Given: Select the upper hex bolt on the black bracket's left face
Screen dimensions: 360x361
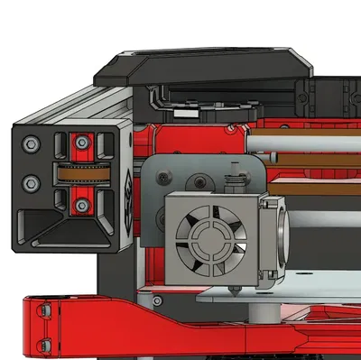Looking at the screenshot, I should (31, 143).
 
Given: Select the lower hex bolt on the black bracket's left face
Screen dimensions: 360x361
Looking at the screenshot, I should (31, 183).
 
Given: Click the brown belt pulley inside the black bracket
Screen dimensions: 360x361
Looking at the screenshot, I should (84, 175).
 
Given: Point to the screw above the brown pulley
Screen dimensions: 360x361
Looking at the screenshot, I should (82, 143).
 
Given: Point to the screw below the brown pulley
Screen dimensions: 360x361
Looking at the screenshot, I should (82, 207).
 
